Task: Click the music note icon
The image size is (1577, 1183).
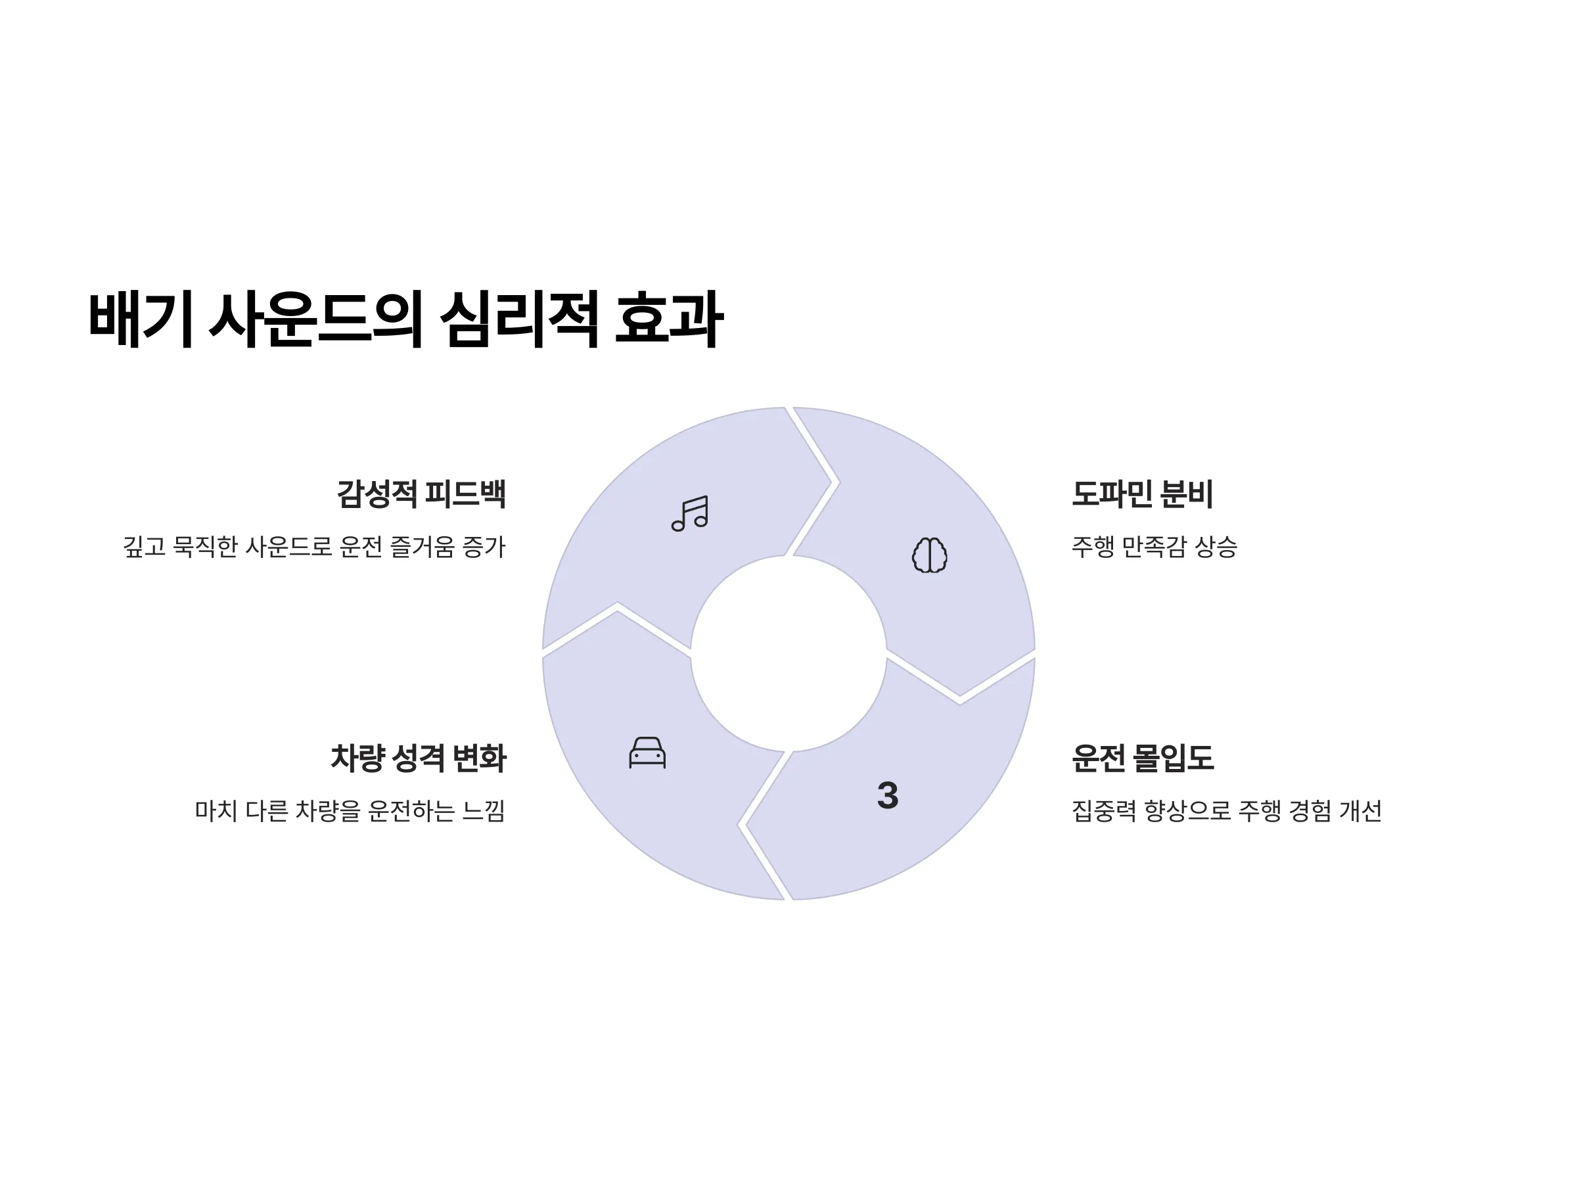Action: pyautogui.click(x=689, y=513)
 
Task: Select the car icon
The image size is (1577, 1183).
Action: pyautogui.click(x=647, y=753)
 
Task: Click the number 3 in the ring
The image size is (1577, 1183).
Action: pyautogui.click(x=888, y=795)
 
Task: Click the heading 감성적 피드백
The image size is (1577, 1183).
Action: pyautogui.click(x=421, y=494)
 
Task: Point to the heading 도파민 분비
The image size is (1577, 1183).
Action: pyautogui.click(x=1142, y=494)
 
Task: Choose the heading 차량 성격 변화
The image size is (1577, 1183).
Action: pyautogui.click(x=419, y=758)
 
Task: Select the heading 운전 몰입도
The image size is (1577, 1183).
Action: pyautogui.click(x=1143, y=758)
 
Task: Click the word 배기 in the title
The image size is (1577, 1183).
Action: pyautogui.click(x=141, y=319)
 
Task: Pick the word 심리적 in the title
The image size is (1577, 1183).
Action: pyautogui.click(x=518, y=319)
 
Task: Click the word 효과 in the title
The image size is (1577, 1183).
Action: pyautogui.click(x=669, y=319)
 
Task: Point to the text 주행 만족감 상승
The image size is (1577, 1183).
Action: pyautogui.click(x=1154, y=547)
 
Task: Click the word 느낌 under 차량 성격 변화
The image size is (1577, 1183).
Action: pyautogui.click(x=484, y=811)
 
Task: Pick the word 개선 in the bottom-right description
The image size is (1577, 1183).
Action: pyautogui.click(x=1360, y=811)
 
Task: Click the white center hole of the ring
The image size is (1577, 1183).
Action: pyautogui.click(x=788, y=653)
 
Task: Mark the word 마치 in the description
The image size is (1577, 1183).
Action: pyautogui.click(x=216, y=811)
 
